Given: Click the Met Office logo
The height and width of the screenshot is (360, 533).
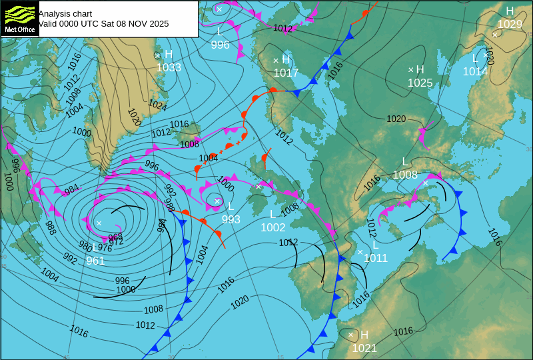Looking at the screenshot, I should [20, 19].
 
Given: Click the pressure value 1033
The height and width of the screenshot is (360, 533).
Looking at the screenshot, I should [169, 67].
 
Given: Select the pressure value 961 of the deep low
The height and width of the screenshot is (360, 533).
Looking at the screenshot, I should [95, 261].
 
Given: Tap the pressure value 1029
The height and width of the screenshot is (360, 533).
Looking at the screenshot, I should [510, 24].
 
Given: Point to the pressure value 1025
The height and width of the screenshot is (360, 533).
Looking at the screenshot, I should [420, 83].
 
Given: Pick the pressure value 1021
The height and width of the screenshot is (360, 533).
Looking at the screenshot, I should [364, 347].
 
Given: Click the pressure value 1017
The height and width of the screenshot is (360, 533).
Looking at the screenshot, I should [286, 73].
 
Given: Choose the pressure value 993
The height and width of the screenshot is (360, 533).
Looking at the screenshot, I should [231, 219].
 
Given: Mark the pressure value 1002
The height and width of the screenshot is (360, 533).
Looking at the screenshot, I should [273, 227].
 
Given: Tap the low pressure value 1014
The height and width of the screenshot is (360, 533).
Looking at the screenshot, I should [476, 71].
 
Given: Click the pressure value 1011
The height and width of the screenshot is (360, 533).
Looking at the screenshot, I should [376, 258].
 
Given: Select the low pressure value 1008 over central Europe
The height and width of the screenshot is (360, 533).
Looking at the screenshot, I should [405, 175].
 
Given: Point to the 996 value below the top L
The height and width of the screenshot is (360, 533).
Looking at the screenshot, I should [220, 45].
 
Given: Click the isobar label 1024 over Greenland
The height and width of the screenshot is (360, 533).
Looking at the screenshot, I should [157, 105].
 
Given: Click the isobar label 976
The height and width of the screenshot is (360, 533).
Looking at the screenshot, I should [105, 248].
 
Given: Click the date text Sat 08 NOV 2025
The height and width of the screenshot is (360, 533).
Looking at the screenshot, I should [130, 23].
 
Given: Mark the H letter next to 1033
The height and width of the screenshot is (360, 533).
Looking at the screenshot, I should [169, 55].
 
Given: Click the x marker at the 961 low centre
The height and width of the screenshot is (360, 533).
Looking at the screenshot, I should [99, 223].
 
